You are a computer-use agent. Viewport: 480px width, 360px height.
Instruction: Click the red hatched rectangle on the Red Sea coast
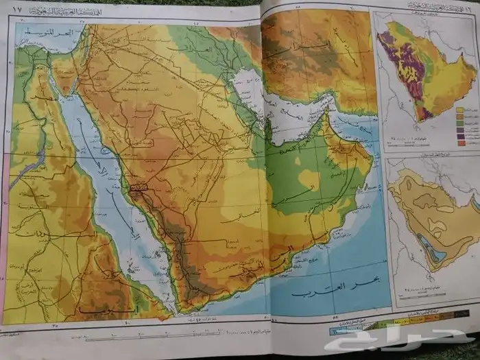click(x=139, y=186)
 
